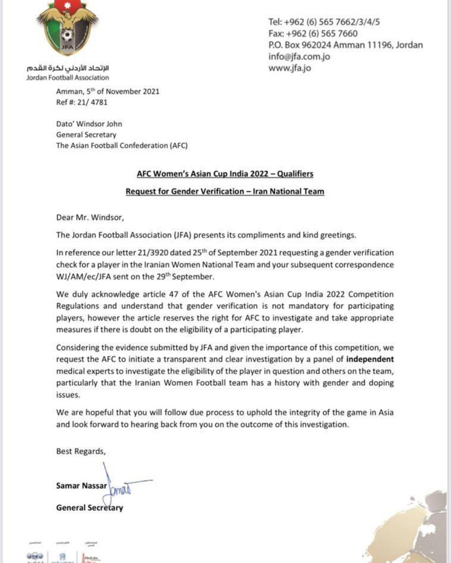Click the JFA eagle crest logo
[x=68, y=30]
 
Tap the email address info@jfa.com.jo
[x=299, y=57]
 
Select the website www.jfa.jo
[x=290, y=68]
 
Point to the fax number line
[x=313, y=34]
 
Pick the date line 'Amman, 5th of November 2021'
[x=108, y=91]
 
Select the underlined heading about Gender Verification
[x=225, y=191]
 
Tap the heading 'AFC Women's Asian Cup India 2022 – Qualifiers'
[x=225, y=174]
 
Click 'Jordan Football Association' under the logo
[x=68, y=77]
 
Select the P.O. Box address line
[x=345, y=46]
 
